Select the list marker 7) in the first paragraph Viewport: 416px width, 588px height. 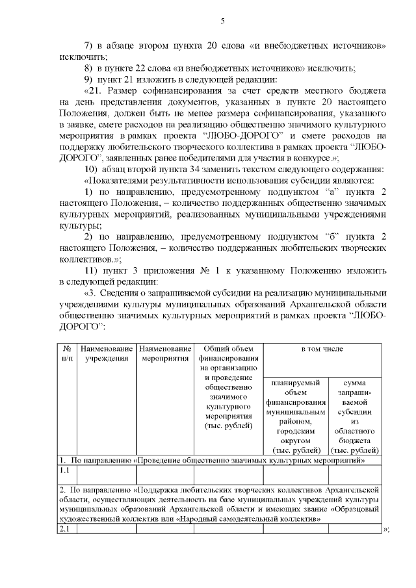click(90, 46)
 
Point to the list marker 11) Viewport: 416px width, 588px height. click(92, 270)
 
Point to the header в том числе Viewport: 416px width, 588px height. click(322, 349)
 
